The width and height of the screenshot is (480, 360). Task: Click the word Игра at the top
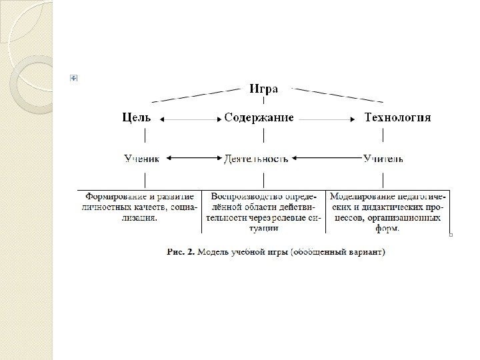pyautogui.click(x=264, y=89)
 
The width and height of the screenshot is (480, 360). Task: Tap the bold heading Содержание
pyautogui.click(x=259, y=118)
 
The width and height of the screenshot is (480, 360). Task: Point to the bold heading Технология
pyautogui.click(x=398, y=118)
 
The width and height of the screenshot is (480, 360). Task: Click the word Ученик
pyautogui.click(x=142, y=159)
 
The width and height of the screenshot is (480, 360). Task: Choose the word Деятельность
pyautogui.click(x=257, y=159)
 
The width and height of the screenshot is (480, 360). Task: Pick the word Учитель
pyautogui.click(x=383, y=159)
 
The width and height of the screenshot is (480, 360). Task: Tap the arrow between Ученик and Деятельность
pyautogui.click(x=193, y=159)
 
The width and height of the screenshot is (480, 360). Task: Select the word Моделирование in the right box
pyautogui.click(x=363, y=197)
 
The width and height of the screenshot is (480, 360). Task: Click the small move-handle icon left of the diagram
pyautogui.click(x=73, y=79)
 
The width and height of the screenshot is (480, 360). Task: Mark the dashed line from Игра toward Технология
pyautogui.click(x=340, y=94)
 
